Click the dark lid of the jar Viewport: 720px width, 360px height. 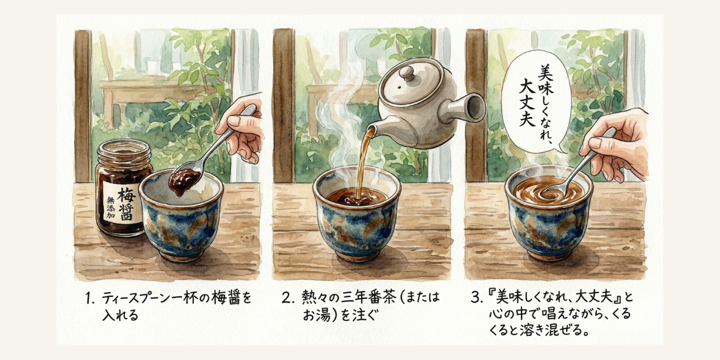pyautogui.click(x=124, y=151)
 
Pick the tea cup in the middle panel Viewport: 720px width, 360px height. pyautogui.click(x=357, y=222)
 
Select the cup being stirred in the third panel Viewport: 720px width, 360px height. pyautogui.click(x=548, y=219)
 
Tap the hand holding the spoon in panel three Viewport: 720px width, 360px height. pyautogui.click(x=618, y=144)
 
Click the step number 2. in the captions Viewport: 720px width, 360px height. pyautogui.click(x=287, y=297)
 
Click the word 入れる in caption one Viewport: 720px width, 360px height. pyautogui.click(x=121, y=315)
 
